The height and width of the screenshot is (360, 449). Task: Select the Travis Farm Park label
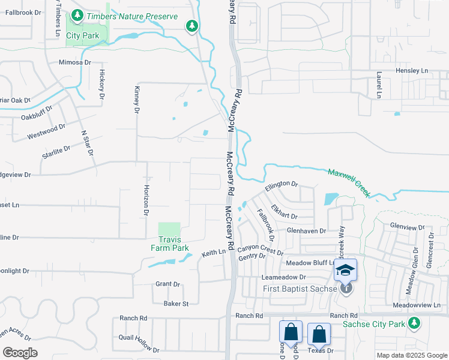[x=169, y=244]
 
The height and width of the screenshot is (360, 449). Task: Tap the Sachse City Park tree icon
[x=414, y=323]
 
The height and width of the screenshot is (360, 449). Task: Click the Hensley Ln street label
[x=412, y=71]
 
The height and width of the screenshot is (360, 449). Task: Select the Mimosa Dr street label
[x=74, y=62]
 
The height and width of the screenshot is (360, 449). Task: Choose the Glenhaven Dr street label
[x=306, y=230]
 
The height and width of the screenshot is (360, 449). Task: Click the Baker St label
[x=176, y=304]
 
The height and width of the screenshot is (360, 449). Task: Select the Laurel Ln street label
[x=379, y=85]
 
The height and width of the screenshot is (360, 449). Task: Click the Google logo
[x=20, y=353]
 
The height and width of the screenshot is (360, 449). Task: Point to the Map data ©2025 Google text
[x=411, y=355]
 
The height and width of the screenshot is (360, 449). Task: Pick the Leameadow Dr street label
[x=284, y=278]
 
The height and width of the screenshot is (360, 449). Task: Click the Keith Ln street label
[x=214, y=253]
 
